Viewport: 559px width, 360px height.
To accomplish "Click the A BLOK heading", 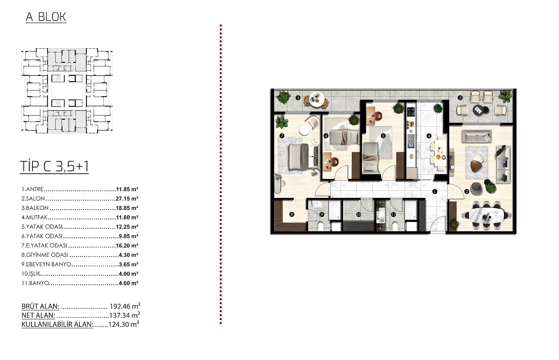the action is click(46, 17).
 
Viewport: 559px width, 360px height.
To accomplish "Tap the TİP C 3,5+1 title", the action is click(55, 166).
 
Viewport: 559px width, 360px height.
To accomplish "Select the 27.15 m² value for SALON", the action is click(127, 199).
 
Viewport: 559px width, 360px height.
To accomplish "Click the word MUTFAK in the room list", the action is click(37, 217).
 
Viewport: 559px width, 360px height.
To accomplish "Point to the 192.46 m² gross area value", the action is click(125, 306).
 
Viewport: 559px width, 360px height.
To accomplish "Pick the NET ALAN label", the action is click(38, 315).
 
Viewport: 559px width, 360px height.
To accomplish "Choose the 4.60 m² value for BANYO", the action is click(128, 283).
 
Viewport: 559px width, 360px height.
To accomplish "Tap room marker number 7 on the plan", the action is click(282, 136).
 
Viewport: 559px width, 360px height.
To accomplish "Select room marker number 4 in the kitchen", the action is click(429, 136).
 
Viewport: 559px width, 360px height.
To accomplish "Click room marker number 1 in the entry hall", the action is click(435, 192).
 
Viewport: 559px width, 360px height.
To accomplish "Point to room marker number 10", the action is click(358, 215).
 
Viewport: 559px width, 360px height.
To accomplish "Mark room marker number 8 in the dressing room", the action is click(291, 214).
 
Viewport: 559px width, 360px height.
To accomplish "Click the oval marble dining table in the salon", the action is click(486, 215).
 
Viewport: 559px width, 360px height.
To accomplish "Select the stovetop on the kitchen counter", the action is click(411, 111).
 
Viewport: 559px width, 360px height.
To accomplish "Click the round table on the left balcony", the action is click(316, 99).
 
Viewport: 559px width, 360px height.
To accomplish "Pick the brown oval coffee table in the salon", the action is click(477, 166).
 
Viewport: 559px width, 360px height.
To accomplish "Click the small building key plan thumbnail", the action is click(67, 91).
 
